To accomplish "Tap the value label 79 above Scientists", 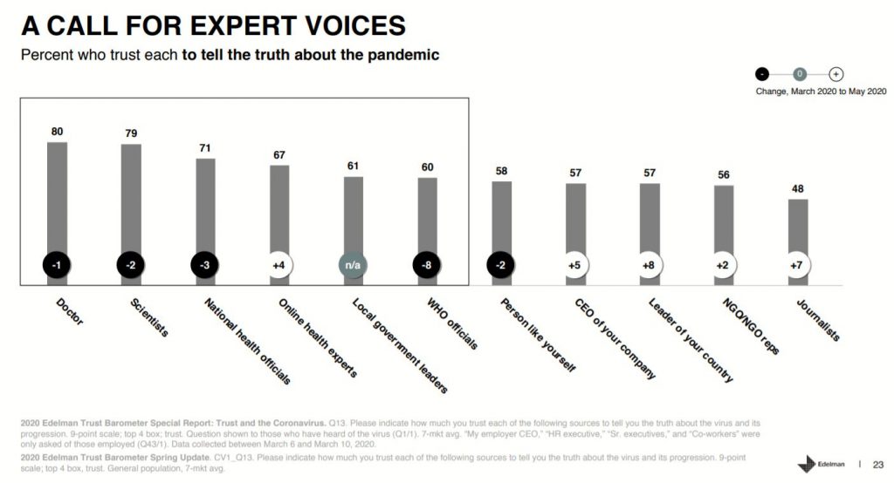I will point(131,133).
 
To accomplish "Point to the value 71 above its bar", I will point(205,148).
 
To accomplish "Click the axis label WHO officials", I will point(451,324).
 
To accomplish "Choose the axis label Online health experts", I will point(317,337).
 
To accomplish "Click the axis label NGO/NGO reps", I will point(750,326).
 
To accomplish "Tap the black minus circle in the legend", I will point(763,75).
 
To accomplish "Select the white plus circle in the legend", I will point(836,75).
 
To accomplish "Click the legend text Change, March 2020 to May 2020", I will point(820,91).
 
